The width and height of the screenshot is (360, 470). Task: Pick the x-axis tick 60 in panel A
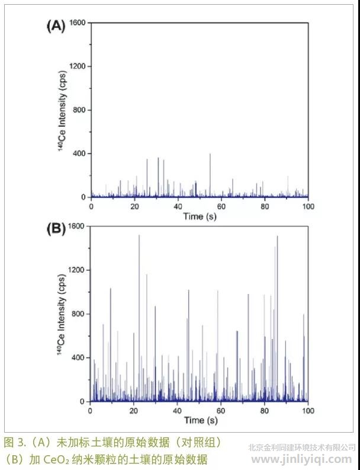[221, 206]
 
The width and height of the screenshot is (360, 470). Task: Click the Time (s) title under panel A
[200, 216]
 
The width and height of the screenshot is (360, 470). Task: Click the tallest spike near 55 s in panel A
[210, 155]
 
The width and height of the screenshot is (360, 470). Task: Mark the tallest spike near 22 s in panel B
[139, 237]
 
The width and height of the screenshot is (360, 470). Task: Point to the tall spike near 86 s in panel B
[277, 238]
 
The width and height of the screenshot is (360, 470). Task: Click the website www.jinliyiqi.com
[302, 459]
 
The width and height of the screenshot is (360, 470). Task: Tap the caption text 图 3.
[15, 442]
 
